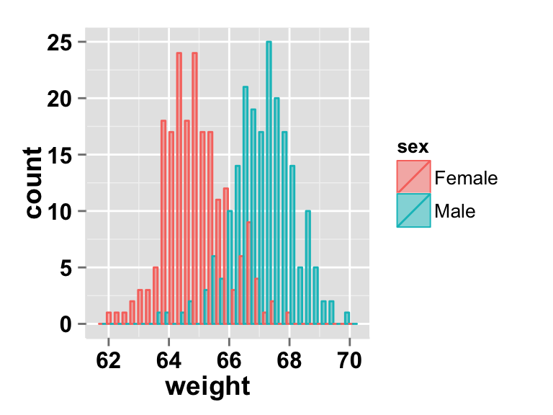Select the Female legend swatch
pyautogui.click(x=413, y=177)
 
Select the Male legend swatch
pyautogui.click(x=413, y=210)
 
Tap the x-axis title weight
pyautogui.click(x=207, y=386)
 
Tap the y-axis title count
pyautogui.click(x=34, y=183)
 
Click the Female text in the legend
pyautogui.click(x=466, y=178)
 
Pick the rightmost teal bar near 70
pyautogui.click(x=347, y=318)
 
